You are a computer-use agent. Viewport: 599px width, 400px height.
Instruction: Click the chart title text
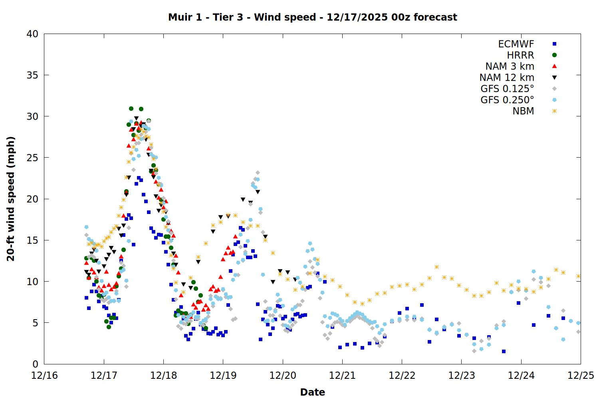312,17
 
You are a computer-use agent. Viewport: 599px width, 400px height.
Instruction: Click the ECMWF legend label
516,44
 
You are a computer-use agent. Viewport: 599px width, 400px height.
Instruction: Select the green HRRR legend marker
554,55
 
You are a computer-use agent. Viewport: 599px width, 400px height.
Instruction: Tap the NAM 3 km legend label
510,66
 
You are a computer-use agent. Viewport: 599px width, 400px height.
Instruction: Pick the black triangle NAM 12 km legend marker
554,78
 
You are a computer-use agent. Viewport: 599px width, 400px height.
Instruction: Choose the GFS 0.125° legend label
507,89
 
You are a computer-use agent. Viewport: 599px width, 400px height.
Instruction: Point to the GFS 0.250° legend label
507,100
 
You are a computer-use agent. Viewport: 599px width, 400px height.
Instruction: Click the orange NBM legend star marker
554,111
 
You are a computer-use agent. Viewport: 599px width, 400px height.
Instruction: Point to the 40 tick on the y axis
32,34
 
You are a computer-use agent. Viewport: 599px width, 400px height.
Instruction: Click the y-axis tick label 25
32,158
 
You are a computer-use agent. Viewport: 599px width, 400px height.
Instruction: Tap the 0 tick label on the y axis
35,364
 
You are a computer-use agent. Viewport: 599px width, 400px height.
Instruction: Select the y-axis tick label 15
32,240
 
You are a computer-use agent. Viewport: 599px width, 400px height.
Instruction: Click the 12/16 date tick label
44,376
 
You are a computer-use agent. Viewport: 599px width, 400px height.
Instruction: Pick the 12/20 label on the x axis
283,376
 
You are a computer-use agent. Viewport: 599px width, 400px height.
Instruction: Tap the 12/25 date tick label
581,376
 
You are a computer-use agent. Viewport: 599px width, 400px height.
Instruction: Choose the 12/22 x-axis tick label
402,376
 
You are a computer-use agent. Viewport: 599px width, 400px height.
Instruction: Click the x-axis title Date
312,392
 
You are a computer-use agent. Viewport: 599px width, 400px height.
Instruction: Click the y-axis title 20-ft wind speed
11,199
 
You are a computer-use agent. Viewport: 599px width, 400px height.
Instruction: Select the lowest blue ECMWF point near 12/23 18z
504,351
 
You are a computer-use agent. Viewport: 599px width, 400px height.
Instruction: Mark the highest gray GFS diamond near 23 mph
258,173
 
